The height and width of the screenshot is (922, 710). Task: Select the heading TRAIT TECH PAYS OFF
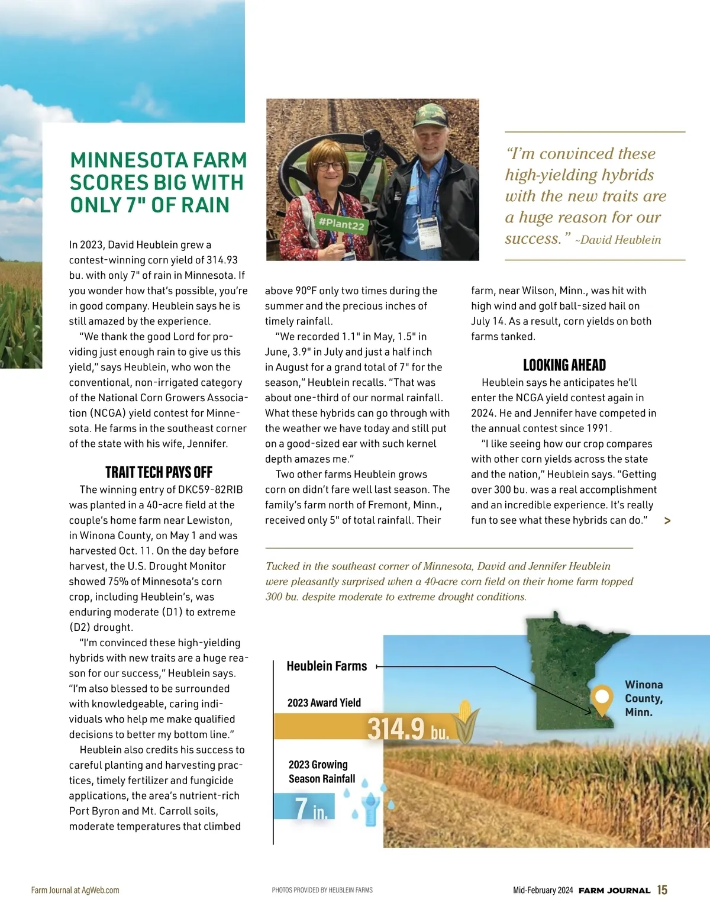point(159,472)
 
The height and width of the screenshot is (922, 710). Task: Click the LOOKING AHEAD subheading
point(564,365)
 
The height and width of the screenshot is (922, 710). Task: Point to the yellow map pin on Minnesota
point(602,698)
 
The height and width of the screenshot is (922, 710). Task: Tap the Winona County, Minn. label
point(644,698)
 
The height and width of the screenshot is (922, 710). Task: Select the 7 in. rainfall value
point(311,808)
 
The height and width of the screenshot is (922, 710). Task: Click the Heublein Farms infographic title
point(327,666)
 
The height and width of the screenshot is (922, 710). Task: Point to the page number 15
point(662,890)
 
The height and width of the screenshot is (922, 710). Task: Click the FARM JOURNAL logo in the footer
point(614,891)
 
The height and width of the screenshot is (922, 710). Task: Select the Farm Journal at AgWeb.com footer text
point(75,890)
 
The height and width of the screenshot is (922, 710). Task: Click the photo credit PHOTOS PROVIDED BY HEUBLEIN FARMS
point(322,890)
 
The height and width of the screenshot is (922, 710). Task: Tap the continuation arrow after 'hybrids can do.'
point(667,521)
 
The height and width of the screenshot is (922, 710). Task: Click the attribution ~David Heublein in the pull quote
point(618,240)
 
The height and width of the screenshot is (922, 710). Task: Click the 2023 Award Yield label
point(324,703)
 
